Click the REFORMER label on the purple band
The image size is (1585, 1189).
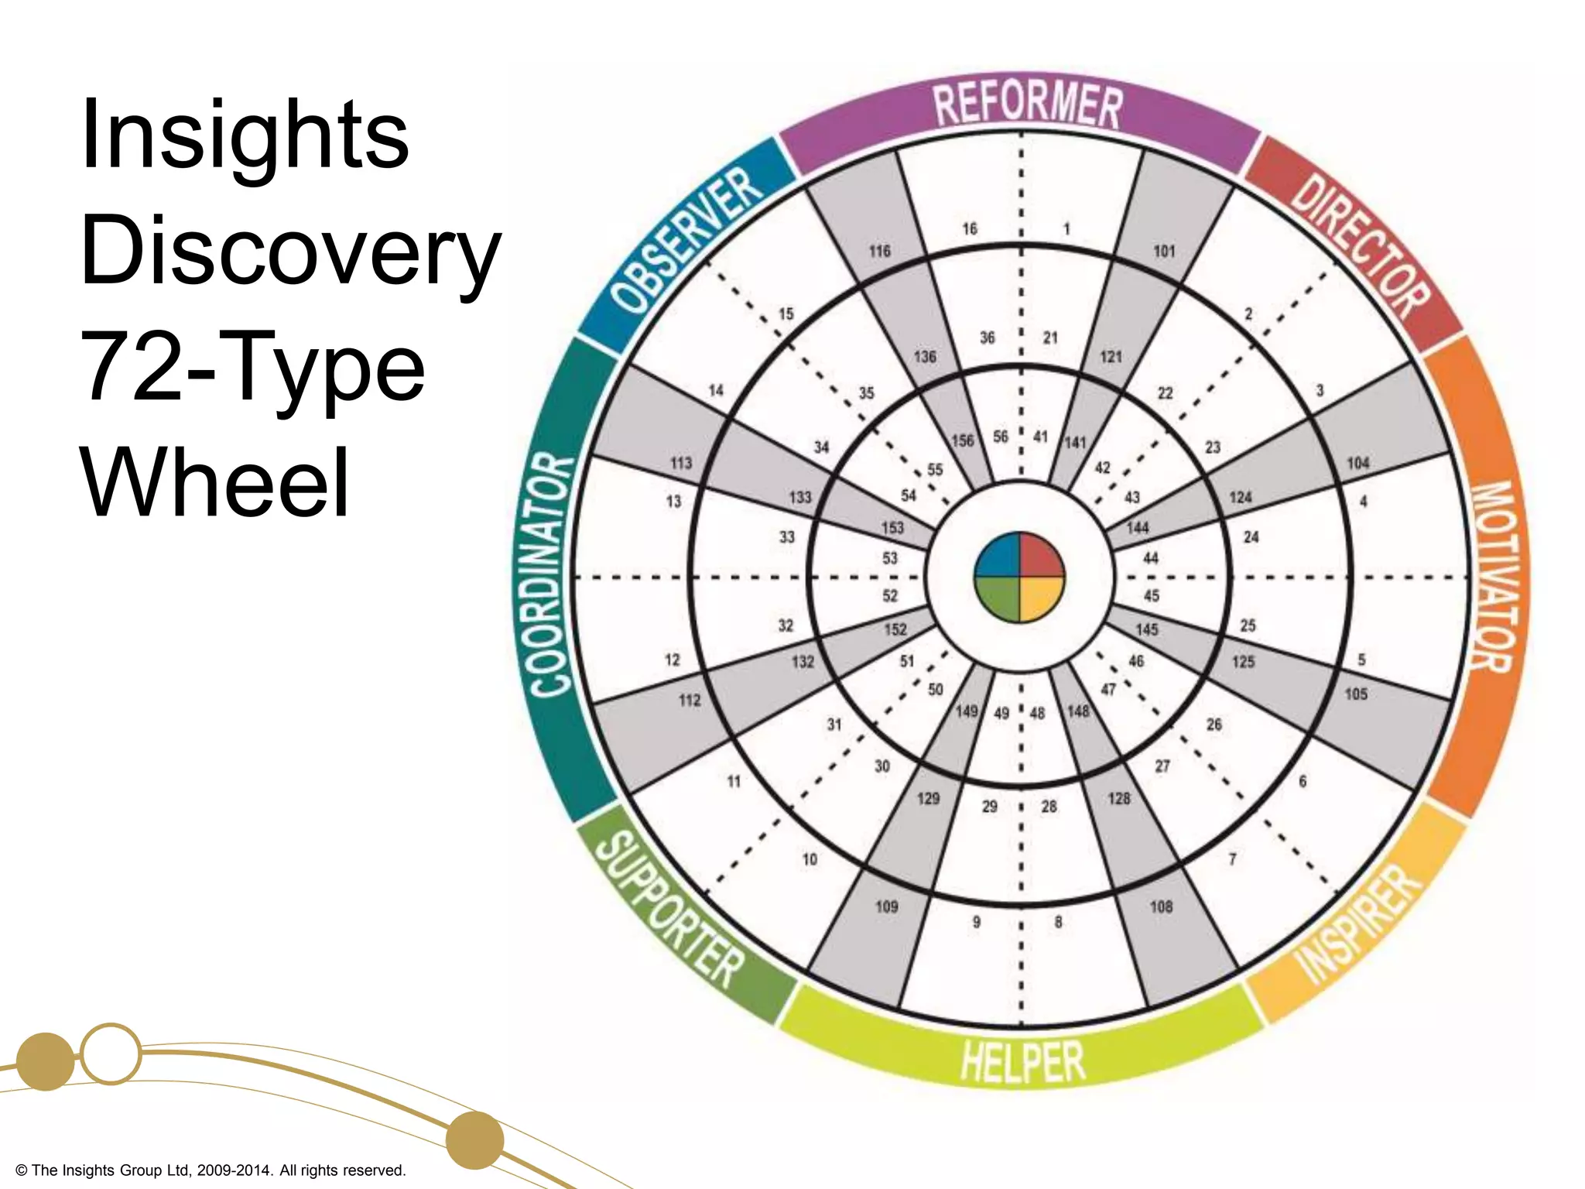pos(1026,106)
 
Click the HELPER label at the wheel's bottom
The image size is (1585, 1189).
pos(1022,1061)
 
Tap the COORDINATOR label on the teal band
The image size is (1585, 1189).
pos(552,577)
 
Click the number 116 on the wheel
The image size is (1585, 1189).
pos(879,251)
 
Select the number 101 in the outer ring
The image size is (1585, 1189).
pos(1164,251)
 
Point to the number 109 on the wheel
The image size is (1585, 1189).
pos(886,906)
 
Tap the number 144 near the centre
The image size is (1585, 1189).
pos(1137,528)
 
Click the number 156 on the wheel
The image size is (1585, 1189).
pos(962,440)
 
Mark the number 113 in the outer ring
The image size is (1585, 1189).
pos(681,463)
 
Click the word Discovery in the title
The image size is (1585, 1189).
pos(290,251)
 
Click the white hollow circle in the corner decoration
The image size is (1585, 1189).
pos(111,1054)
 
